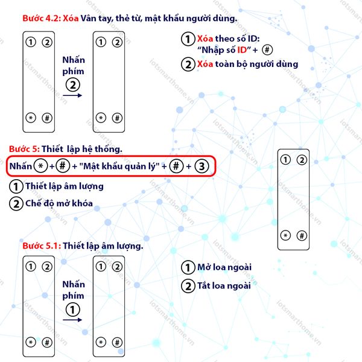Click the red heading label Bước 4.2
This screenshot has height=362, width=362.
coord(42,18)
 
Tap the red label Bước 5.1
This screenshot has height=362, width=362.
coord(42,246)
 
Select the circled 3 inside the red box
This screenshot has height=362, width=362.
coord(202,167)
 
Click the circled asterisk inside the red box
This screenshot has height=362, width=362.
coord(40,166)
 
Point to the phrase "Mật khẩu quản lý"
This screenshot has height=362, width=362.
coord(119,167)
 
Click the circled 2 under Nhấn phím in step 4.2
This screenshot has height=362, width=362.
coord(73,85)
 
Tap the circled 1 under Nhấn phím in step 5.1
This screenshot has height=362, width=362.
coord(73,310)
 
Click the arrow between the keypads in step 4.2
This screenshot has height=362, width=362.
coord(72,95)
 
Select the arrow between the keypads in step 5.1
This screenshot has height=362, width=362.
coord(72,320)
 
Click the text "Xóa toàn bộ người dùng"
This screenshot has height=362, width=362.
coord(247,64)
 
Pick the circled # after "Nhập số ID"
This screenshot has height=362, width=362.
coord(267,49)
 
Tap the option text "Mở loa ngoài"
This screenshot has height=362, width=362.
coord(224,267)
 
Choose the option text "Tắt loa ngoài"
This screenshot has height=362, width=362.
coord(224,286)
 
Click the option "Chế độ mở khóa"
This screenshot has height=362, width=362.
coord(59,203)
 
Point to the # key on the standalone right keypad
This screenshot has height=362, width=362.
coord(302,236)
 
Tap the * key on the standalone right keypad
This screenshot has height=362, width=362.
coord(285,235)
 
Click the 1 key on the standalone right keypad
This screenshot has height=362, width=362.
coord(285,160)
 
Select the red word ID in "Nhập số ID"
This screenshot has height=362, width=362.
coord(242,50)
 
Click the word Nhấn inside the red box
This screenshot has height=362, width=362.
coord(21,167)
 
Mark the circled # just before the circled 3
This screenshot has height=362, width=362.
coord(176,166)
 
